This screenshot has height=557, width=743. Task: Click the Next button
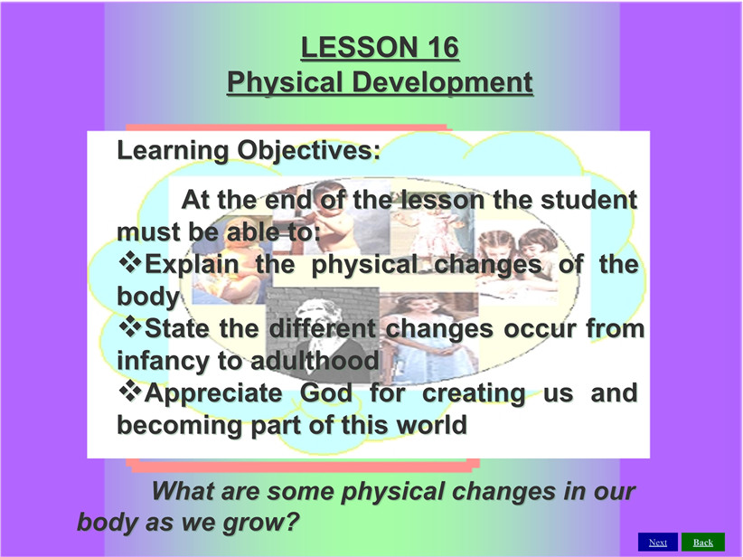(x=658, y=542)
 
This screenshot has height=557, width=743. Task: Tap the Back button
(x=703, y=542)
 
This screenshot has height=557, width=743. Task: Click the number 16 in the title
(x=443, y=47)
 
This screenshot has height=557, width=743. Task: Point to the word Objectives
(x=308, y=151)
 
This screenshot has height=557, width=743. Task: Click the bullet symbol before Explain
(x=130, y=262)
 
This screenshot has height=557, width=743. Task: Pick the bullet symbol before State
(x=130, y=326)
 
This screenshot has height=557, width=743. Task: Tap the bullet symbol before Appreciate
(x=130, y=392)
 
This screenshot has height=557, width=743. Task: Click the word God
(x=326, y=392)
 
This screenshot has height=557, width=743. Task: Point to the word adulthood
(x=315, y=361)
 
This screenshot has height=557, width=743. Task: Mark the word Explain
(x=192, y=265)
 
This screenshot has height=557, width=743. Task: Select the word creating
(x=474, y=393)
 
